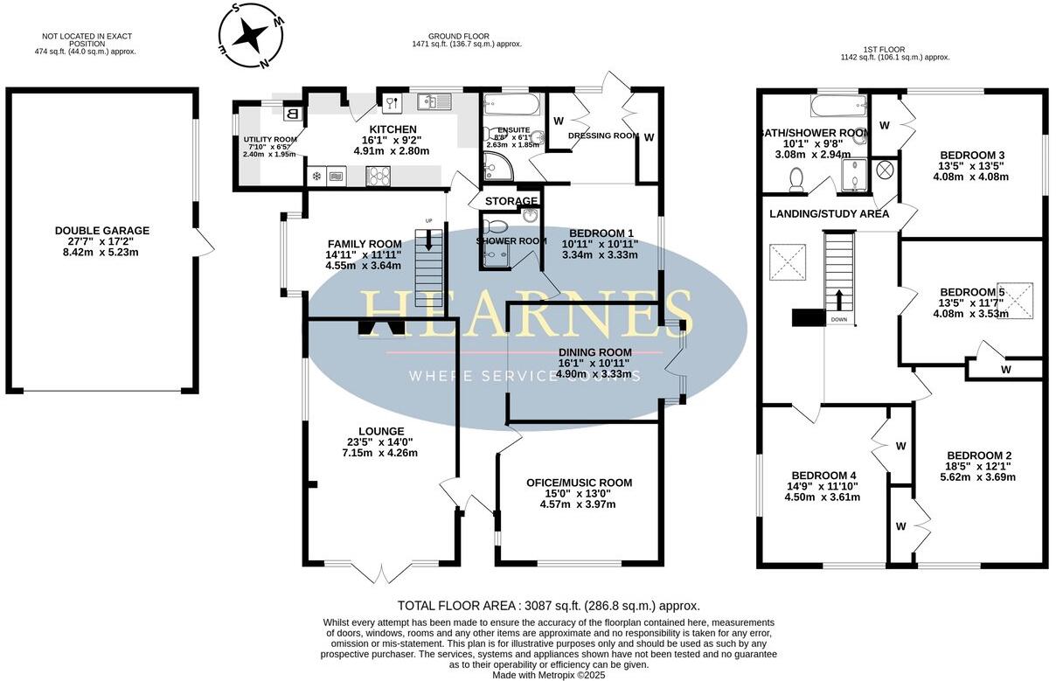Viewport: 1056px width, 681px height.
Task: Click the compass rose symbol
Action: [251, 36]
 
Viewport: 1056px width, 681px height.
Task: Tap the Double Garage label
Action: [102, 231]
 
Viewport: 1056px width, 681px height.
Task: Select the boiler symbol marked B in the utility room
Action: [293, 113]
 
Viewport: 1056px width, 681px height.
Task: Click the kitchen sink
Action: [433, 101]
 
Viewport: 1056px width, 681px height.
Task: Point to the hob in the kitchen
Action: [378, 176]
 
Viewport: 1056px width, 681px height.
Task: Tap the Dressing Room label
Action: [603, 136]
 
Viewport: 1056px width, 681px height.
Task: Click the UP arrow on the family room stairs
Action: [427, 240]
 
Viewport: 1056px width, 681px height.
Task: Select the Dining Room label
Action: [594, 351]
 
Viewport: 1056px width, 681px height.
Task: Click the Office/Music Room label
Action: [579, 483]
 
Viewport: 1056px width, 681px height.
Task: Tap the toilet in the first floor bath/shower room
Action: [796, 179]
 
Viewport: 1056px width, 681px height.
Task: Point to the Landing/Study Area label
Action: [829, 214]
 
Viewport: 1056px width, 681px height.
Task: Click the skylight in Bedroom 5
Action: [1018, 299]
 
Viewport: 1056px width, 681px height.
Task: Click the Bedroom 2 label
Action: [979, 455]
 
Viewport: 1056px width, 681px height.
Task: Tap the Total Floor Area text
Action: [548, 605]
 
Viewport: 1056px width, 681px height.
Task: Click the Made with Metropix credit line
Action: [548, 675]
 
